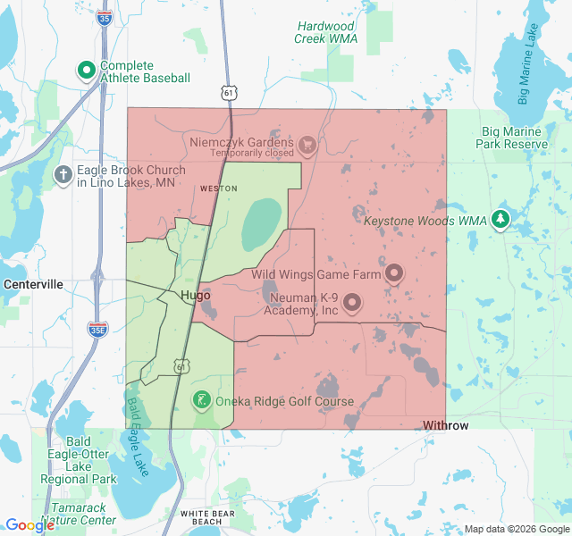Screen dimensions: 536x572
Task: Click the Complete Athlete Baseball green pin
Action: coord(87,70)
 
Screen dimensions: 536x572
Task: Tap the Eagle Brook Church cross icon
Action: coord(63,175)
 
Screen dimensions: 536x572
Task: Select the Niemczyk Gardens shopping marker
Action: coord(307,144)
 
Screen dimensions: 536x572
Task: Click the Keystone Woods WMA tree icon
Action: coord(500,219)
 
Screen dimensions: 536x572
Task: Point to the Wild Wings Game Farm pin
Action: coord(394,273)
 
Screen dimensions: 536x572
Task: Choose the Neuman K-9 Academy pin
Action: coord(352,304)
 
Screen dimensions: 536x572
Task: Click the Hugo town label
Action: coord(195,295)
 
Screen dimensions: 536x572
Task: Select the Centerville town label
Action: coord(33,284)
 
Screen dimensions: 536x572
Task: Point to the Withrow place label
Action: coord(445,425)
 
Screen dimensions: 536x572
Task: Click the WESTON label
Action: coord(218,188)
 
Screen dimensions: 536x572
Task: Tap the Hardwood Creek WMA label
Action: coord(326,32)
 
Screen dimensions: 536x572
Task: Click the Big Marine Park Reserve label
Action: coord(511,138)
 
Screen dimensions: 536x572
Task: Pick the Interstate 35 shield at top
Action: coord(105,16)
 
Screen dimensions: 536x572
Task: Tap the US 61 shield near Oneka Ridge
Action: coord(182,366)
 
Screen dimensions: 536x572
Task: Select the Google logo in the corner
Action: coord(29,525)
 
